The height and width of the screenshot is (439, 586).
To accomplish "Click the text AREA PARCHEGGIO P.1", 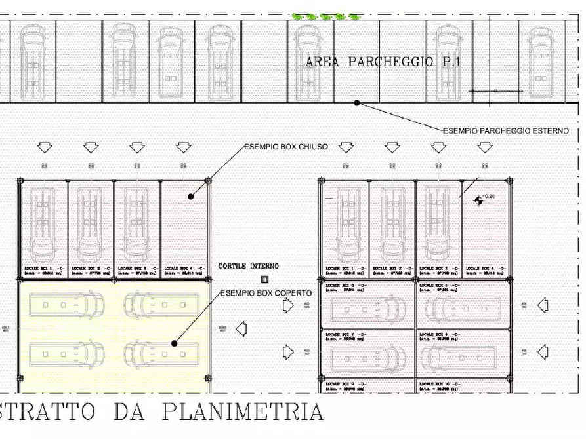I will coord(383,62).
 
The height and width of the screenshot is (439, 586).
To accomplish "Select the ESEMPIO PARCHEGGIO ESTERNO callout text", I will coord(505,131).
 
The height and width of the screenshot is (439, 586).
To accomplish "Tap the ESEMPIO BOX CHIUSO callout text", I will coord(286,147).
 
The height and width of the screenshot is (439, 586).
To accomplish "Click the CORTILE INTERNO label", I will coord(249,266).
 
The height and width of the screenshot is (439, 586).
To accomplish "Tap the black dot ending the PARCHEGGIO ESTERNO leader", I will coord(357,102).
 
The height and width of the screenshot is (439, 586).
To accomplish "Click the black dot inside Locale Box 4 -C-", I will coord(190,196).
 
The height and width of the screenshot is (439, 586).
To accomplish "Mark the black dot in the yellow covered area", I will coord(175,343).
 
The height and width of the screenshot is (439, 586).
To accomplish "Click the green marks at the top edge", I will coord(325,16).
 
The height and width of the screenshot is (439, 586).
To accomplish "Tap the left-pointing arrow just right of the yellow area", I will coord(241,327).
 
